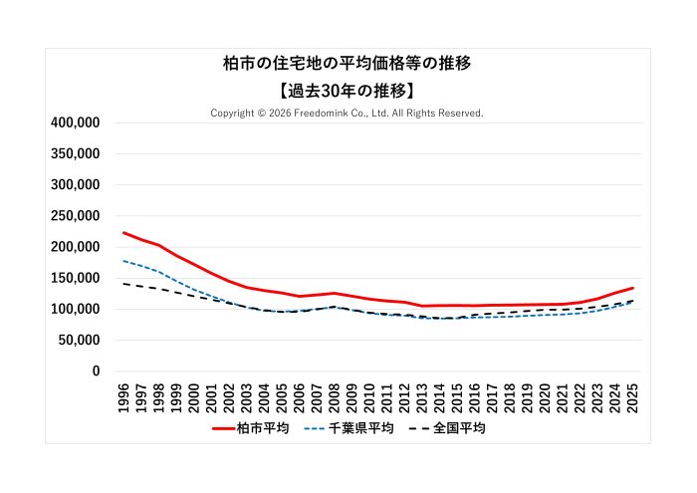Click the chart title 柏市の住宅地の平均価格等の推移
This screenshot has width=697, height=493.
coord(347,63)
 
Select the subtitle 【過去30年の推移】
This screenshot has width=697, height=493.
coord(347,91)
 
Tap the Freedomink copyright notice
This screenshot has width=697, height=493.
coord(347,114)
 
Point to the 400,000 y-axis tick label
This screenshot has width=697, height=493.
coord(75,123)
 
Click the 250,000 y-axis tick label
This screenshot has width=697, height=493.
coord(75,216)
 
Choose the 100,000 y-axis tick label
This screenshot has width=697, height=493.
coord(75,309)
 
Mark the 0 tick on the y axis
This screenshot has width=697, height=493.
coord(96,371)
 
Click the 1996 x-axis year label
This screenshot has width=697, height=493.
coord(123,395)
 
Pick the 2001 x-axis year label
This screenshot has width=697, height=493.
coord(211,395)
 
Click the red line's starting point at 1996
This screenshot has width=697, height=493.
coord(123,233)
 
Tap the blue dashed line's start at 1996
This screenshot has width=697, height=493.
coord(123,261)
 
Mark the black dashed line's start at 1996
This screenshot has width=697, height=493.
coord(123,284)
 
